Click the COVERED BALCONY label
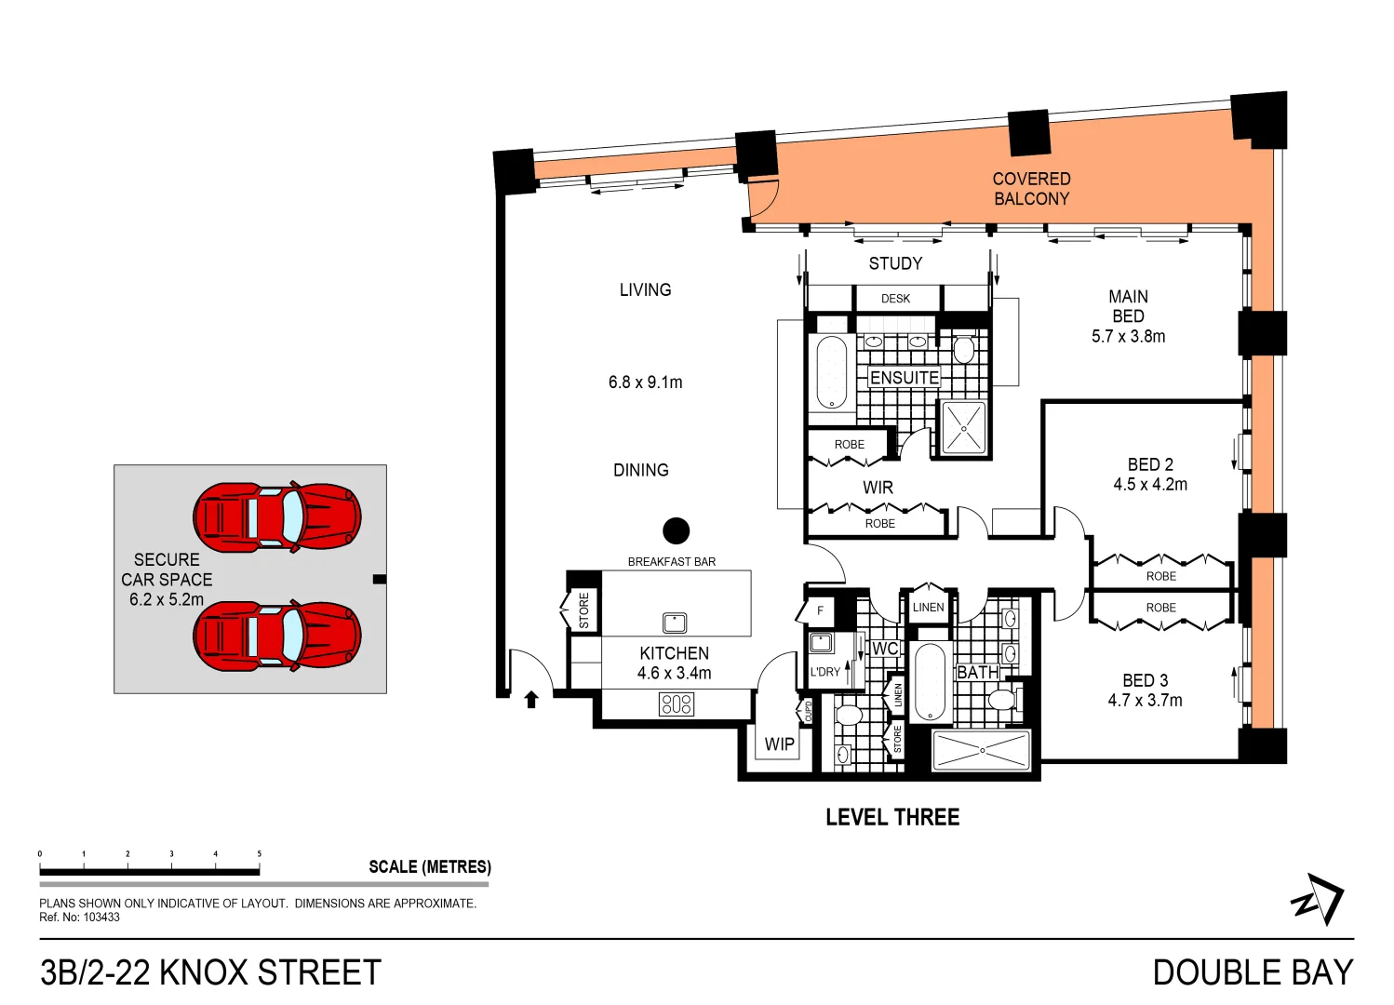coord(1031,188)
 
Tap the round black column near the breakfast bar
coord(676,530)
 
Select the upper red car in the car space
coord(277,516)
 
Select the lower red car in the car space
coord(277,635)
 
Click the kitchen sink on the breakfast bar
coord(675,622)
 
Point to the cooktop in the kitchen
coord(676,703)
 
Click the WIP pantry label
coord(779,744)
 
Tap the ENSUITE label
coord(904,377)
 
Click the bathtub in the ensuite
coord(831,372)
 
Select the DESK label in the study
coord(895,299)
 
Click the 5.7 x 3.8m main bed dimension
coord(1128,336)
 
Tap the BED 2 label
coord(1150,463)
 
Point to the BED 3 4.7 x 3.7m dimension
coord(1145,700)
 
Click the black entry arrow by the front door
coord(531,700)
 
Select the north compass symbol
coord(1318,899)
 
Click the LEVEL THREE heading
coord(891,817)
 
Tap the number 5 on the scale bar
coord(259,853)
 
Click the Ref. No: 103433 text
coord(79,918)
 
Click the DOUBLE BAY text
coord(1252,972)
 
